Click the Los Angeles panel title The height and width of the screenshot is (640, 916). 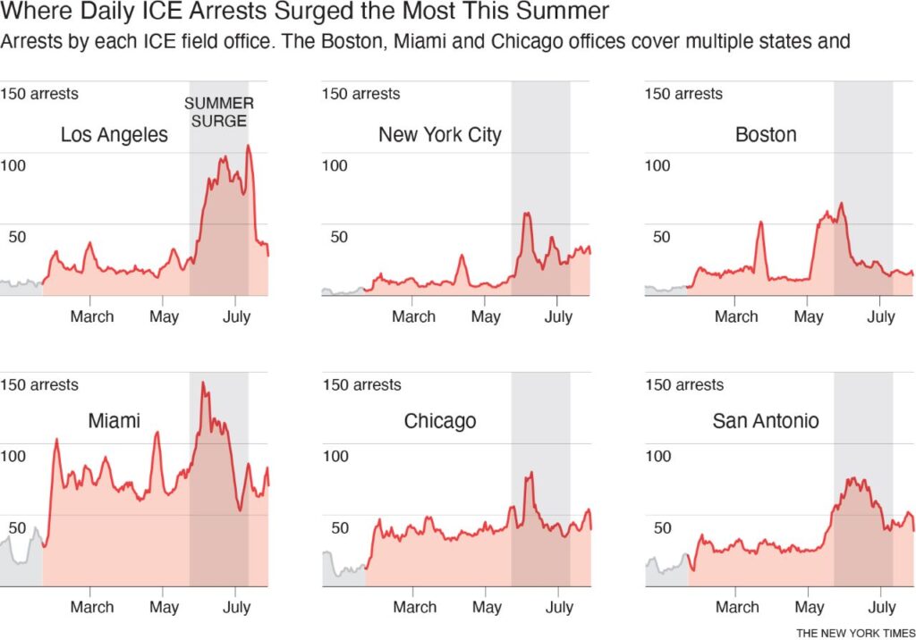[x=114, y=135]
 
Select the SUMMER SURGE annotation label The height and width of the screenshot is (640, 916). [x=218, y=112]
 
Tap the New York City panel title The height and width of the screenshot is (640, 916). [x=439, y=135]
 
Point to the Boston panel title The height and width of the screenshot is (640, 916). [x=765, y=135]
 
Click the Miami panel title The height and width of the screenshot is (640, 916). [x=114, y=420]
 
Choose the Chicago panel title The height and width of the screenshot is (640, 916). [x=439, y=421]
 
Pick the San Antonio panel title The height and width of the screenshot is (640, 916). [x=765, y=421]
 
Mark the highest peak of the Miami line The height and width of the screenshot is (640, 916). [x=203, y=383]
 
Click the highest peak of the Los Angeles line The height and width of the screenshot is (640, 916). [x=248, y=146]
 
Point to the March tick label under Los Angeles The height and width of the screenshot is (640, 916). [x=92, y=316]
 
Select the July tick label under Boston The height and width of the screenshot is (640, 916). [x=881, y=316]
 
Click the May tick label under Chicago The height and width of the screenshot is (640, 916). [x=486, y=607]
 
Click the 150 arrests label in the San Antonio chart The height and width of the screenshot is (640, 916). [x=683, y=384]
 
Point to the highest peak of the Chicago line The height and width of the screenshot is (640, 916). [x=530, y=473]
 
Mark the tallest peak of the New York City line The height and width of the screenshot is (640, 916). [x=527, y=213]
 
